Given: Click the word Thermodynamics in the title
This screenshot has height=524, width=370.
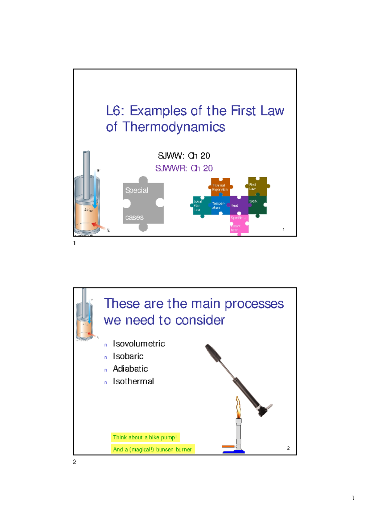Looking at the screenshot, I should (x=174, y=127).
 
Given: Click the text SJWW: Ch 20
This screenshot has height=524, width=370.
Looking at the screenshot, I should (x=184, y=156).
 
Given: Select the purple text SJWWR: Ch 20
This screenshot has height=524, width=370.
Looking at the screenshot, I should (x=184, y=168).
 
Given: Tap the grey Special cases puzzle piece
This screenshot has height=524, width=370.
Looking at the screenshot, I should (x=143, y=204).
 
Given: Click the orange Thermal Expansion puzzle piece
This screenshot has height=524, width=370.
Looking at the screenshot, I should (x=220, y=187).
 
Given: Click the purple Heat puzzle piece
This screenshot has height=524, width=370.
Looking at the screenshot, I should (x=239, y=205).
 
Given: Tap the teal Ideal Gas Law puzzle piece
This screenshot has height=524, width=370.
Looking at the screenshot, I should (x=201, y=205).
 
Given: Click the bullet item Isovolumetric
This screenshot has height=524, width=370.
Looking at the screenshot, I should (x=139, y=344).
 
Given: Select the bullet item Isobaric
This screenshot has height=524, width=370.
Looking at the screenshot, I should (x=128, y=356).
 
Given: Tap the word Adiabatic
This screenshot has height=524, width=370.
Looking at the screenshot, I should (x=130, y=369).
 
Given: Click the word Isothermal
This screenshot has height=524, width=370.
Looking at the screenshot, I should (x=133, y=382).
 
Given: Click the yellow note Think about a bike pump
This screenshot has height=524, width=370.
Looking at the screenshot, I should (x=145, y=437).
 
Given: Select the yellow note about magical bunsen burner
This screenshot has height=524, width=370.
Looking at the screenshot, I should (x=152, y=450).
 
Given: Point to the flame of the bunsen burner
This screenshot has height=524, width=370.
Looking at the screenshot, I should (x=238, y=407).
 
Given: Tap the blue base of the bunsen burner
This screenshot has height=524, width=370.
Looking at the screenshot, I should (x=234, y=452).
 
